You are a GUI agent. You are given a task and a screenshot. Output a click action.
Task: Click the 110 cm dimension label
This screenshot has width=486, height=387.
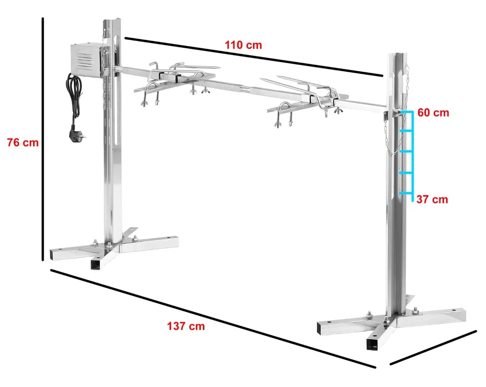(x=244, y=45)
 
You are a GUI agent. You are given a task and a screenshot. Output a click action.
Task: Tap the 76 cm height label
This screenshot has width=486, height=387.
(x=23, y=143)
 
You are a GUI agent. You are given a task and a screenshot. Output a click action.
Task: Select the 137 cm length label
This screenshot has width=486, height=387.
(x=186, y=326)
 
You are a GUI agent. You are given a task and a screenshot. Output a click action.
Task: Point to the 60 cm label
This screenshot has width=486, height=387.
(x=433, y=113)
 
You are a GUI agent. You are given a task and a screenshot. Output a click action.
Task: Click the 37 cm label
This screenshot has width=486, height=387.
(x=432, y=199)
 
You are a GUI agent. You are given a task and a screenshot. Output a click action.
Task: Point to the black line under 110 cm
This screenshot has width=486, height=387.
(x=253, y=56)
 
